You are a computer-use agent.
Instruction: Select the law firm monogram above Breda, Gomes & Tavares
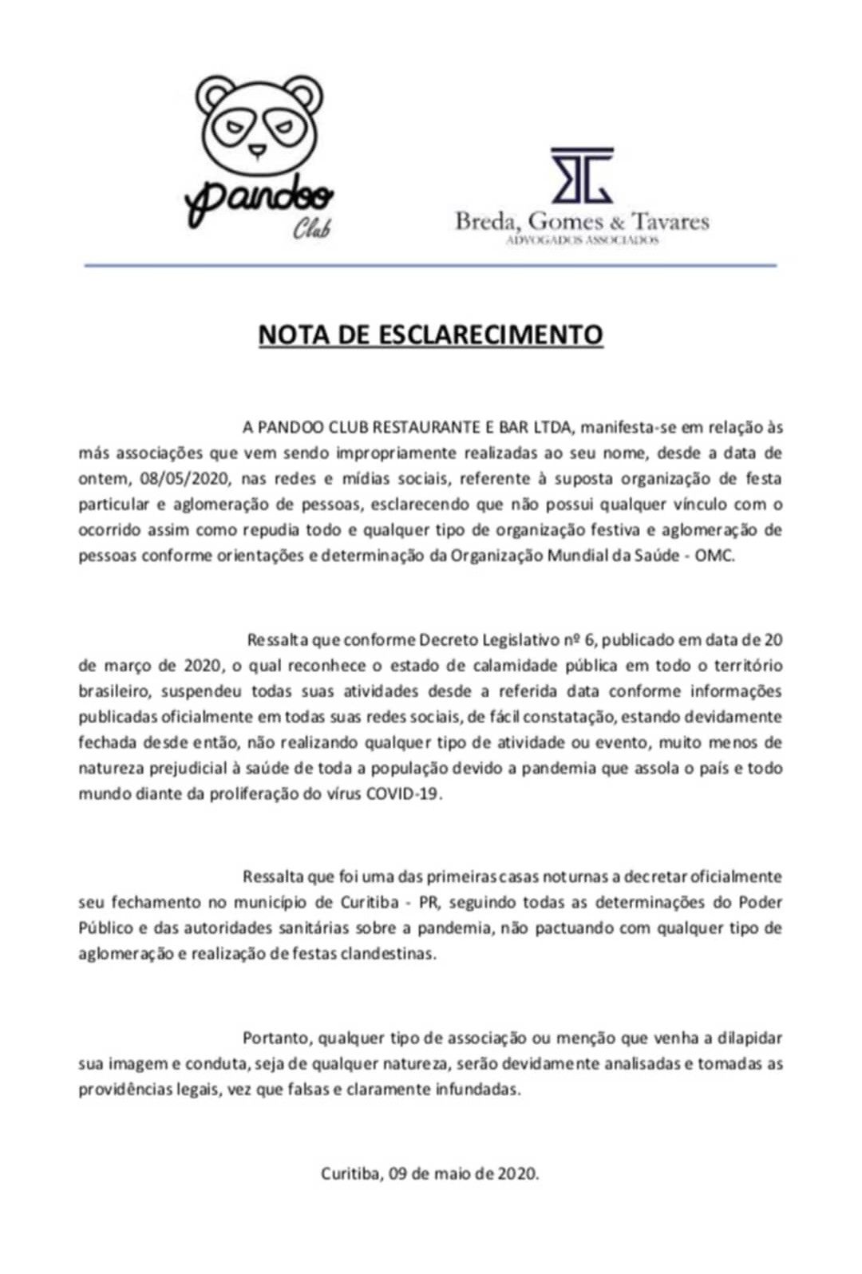point(582,175)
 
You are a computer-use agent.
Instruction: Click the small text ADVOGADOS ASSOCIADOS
point(582,239)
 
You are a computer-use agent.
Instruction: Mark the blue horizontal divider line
point(430,265)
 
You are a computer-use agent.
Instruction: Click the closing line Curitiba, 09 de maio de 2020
point(430,1173)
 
